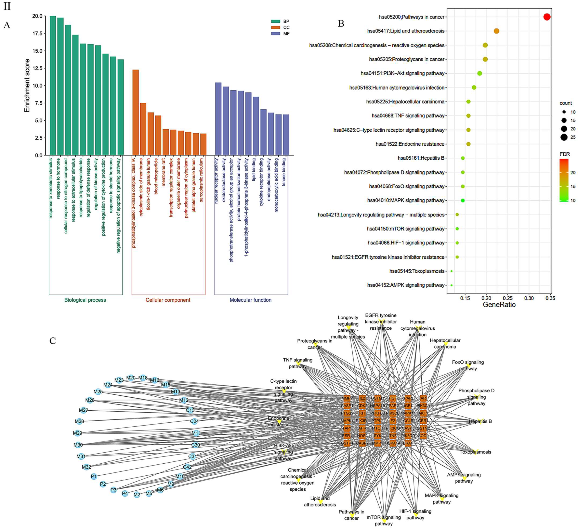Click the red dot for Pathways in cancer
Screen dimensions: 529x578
[x=547, y=17]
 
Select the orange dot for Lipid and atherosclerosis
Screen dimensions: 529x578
[x=496, y=31]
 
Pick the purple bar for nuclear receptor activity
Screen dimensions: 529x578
[x=218, y=119]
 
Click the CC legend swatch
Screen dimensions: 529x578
[x=276, y=28]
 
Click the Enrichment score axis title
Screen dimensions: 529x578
[x=27, y=85]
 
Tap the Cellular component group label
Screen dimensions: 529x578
[x=168, y=300]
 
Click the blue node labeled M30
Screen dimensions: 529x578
[x=78, y=445]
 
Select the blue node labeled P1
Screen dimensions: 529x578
[x=94, y=476]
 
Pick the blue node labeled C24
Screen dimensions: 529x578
[x=194, y=421]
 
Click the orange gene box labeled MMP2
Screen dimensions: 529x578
[x=347, y=398]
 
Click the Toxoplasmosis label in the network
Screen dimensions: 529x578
[x=475, y=452]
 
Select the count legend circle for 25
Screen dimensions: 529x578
[x=564, y=137]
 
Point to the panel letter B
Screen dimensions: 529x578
[x=341, y=24]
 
